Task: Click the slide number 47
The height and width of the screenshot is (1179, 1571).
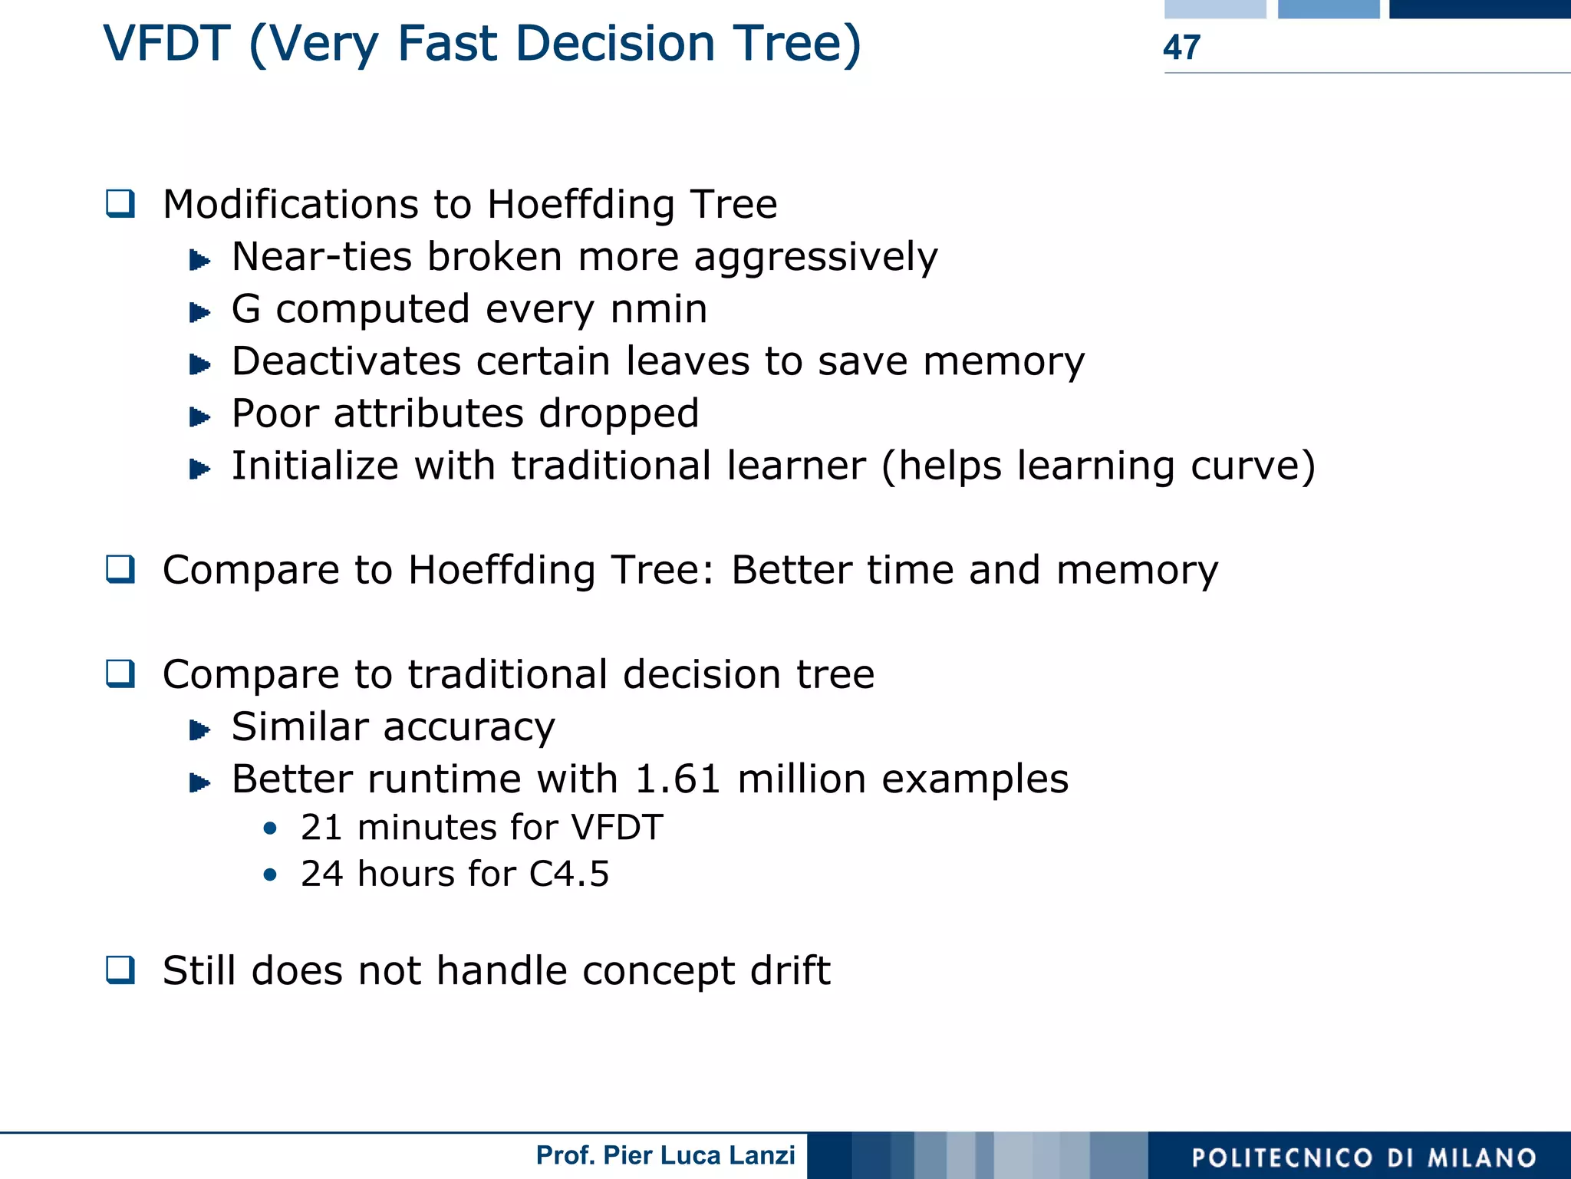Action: click(x=1181, y=48)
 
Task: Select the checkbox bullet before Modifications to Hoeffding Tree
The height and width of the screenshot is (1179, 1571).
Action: click(x=120, y=204)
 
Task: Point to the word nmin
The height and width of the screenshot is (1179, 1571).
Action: click(x=658, y=309)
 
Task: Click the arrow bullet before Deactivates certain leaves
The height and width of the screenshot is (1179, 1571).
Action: click(x=199, y=364)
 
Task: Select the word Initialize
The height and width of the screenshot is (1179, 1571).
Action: click(x=315, y=466)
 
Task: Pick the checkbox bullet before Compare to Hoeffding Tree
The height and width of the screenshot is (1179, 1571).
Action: click(x=120, y=570)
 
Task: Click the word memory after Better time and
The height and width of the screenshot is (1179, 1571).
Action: click(x=1137, y=571)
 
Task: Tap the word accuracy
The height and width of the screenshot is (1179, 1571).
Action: click(x=469, y=728)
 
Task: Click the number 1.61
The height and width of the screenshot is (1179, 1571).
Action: click(x=678, y=779)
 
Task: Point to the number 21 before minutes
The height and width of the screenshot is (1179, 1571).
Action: click(x=321, y=828)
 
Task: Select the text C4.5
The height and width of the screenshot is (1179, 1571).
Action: click(x=569, y=874)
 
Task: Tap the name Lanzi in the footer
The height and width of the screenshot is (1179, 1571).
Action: click(x=762, y=1155)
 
